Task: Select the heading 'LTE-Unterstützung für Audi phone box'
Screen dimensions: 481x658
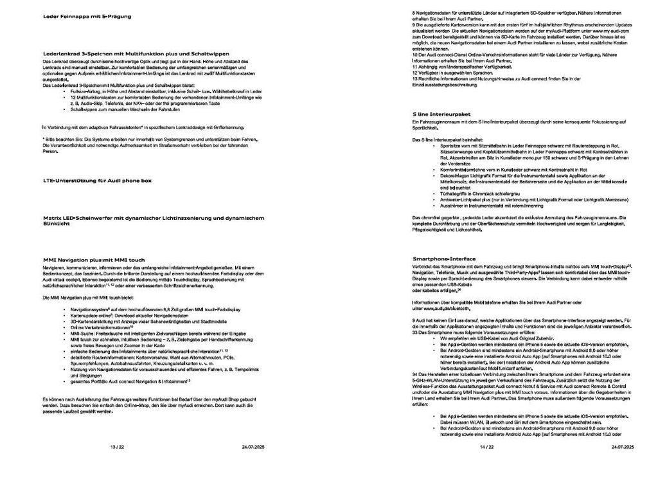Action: (96, 181)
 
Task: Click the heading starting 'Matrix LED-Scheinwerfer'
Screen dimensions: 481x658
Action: (153, 218)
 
